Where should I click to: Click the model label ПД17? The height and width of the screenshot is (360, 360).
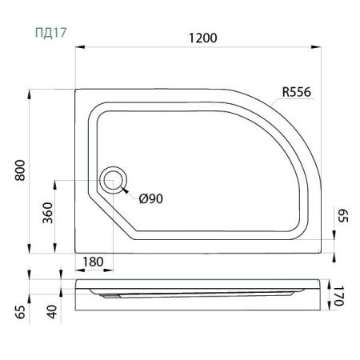[50, 33]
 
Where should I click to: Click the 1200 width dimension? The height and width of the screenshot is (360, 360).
[203, 38]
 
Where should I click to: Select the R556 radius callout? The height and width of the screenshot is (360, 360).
[297, 92]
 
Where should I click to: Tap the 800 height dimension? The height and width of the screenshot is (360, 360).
[20, 170]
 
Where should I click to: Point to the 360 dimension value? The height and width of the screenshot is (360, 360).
[48, 213]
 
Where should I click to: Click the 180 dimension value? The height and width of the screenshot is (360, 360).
[93, 262]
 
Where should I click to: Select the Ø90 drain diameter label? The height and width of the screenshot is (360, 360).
[151, 198]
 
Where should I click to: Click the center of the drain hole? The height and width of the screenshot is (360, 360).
[113, 181]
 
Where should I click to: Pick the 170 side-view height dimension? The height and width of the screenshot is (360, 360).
[338, 296]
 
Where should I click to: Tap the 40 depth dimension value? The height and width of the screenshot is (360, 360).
[52, 312]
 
